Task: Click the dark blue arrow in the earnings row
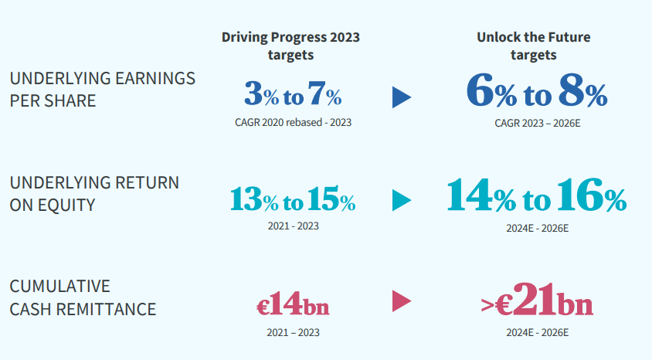[401, 97]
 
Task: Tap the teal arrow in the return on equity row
[401, 201]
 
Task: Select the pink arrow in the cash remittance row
[401, 301]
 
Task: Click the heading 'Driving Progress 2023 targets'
[290, 46]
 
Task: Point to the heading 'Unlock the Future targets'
[533, 46]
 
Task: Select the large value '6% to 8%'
[536, 93]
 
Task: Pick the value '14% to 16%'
[536, 198]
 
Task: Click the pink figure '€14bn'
[293, 304]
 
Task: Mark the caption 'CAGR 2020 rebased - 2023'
[292, 122]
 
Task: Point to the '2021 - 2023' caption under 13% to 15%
[292, 226]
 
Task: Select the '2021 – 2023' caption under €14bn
[292, 332]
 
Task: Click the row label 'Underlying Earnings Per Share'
[102, 90]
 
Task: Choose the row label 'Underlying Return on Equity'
[94, 194]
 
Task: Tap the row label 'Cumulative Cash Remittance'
[83, 298]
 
